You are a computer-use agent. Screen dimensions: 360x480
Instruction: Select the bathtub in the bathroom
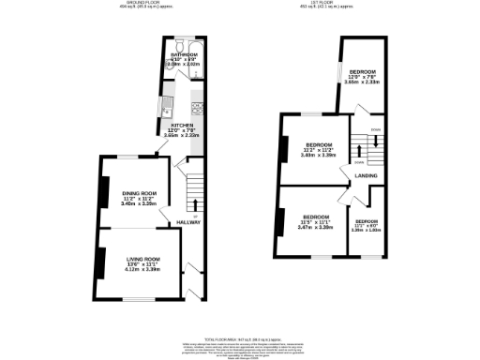pyautogui.click(x=173, y=47)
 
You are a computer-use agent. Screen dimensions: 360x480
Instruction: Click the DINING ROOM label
pyautogui.click(x=139, y=192)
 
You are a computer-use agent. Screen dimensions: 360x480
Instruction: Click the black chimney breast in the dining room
pyautogui.click(x=102, y=190)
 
